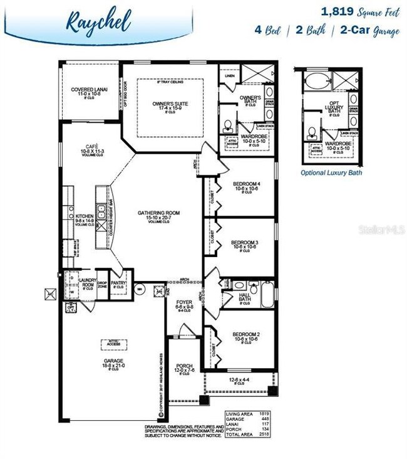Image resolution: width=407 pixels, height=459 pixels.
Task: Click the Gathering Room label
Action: point(159,213)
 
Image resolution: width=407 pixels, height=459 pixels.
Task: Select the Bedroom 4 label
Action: point(245,184)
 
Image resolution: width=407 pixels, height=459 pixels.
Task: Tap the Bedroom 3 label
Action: point(245,242)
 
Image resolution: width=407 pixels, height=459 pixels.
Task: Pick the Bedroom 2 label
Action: point(245,335)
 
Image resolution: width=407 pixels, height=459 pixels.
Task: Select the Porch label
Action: point(184,366)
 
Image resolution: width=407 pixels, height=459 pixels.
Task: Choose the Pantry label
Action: point(119,283)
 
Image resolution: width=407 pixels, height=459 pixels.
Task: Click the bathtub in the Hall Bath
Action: point(267,297)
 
